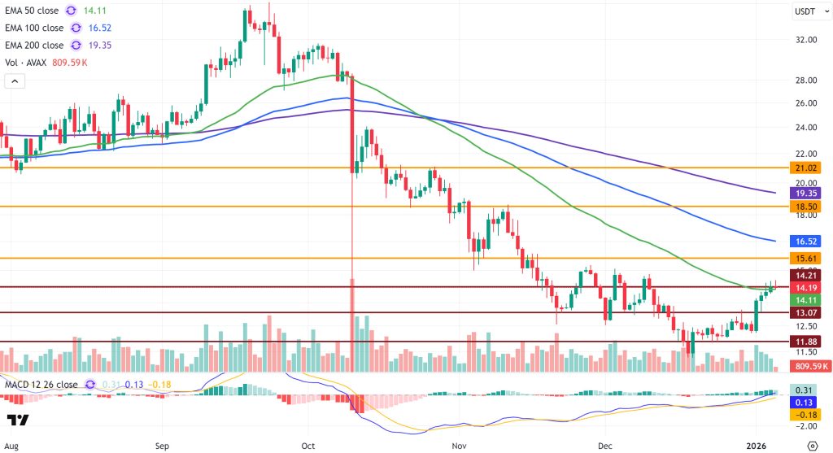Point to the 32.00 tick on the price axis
(806, 39)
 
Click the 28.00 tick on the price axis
(806, 81)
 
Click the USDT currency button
(806, 11)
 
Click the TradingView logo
(18, 420)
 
